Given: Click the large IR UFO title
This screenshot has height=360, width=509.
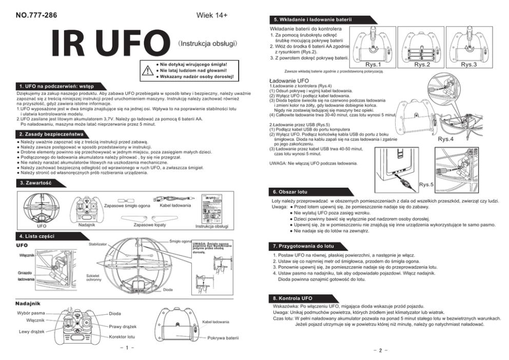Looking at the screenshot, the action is tap(110, 45).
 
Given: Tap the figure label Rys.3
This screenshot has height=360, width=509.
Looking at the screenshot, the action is tap(468, 65).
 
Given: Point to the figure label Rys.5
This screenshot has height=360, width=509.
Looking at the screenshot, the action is tap(426, 185).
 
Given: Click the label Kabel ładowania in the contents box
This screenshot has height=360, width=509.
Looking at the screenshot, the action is tap(175, 206).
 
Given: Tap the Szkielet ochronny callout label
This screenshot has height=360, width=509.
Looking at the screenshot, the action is tap(94, 277).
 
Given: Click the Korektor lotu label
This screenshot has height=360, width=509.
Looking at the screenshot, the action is tap(122, 337).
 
